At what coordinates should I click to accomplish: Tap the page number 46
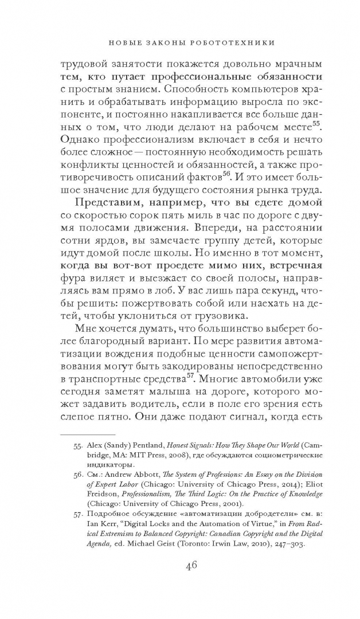coord(191,565)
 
